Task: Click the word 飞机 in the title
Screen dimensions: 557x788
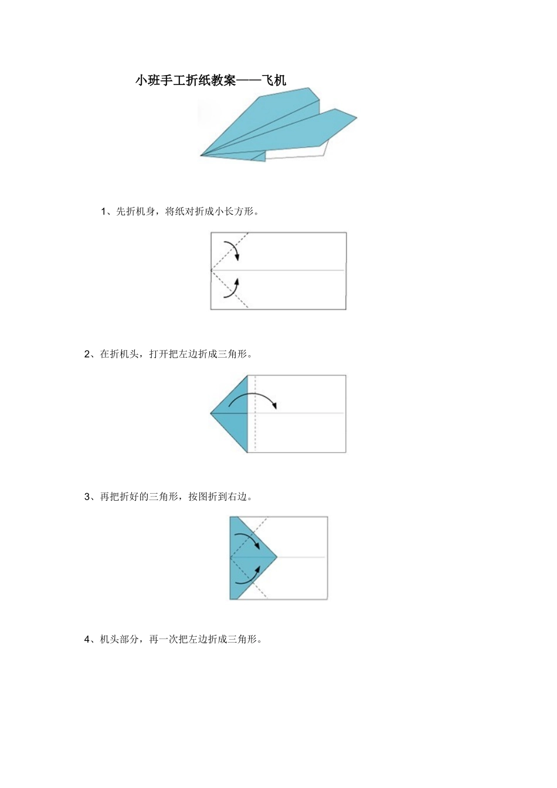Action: click(x=274, y=80)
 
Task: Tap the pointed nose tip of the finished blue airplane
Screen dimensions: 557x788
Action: click(x=201, y=155)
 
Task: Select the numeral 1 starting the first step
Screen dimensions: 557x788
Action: click(x=103, y=212)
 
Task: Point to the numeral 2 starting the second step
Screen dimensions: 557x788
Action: click(x=87, y=354)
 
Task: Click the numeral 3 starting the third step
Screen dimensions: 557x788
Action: click(x=87, y=497)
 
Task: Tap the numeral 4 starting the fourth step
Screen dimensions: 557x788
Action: click(x=87, y=639)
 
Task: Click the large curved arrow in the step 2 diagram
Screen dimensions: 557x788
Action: click(x=252, y=393)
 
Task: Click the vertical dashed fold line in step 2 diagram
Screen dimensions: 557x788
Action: click(x=255, y=413)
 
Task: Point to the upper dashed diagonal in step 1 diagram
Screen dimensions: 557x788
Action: click(x=230, y=251)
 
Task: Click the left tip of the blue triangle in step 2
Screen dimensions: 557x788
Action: click(x=210, y=413)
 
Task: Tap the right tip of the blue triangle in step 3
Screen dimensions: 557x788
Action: click(x=277, y=557)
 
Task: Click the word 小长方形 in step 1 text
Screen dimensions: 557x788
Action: click(x=235, y=212)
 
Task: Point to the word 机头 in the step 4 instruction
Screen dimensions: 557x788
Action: click(x=110, y=639)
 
